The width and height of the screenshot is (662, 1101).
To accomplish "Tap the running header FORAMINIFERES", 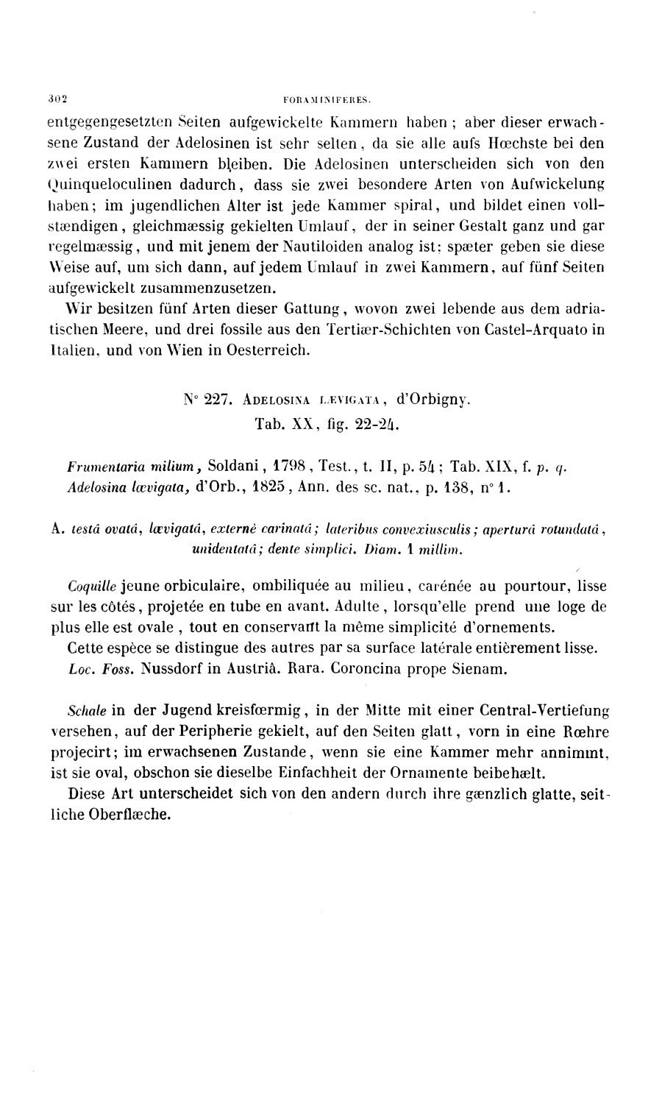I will click(x=329, y=97).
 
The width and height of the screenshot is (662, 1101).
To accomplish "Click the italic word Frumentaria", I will click(x=100, y=466).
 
